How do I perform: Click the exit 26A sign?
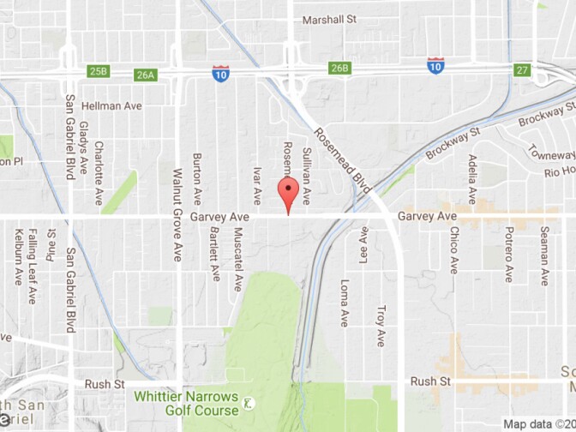coord(145,75)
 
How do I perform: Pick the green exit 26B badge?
coord(340,68)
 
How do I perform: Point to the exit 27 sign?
coord(522,69)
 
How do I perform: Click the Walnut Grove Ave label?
coord(178,213)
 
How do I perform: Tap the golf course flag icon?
coord(247,403)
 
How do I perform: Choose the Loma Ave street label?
coord(345,303)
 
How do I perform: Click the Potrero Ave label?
coord(508,255)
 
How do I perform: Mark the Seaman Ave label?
coord(544,255)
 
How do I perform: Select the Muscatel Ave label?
coord(237,258)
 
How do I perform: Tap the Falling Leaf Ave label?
coord(32,266)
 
